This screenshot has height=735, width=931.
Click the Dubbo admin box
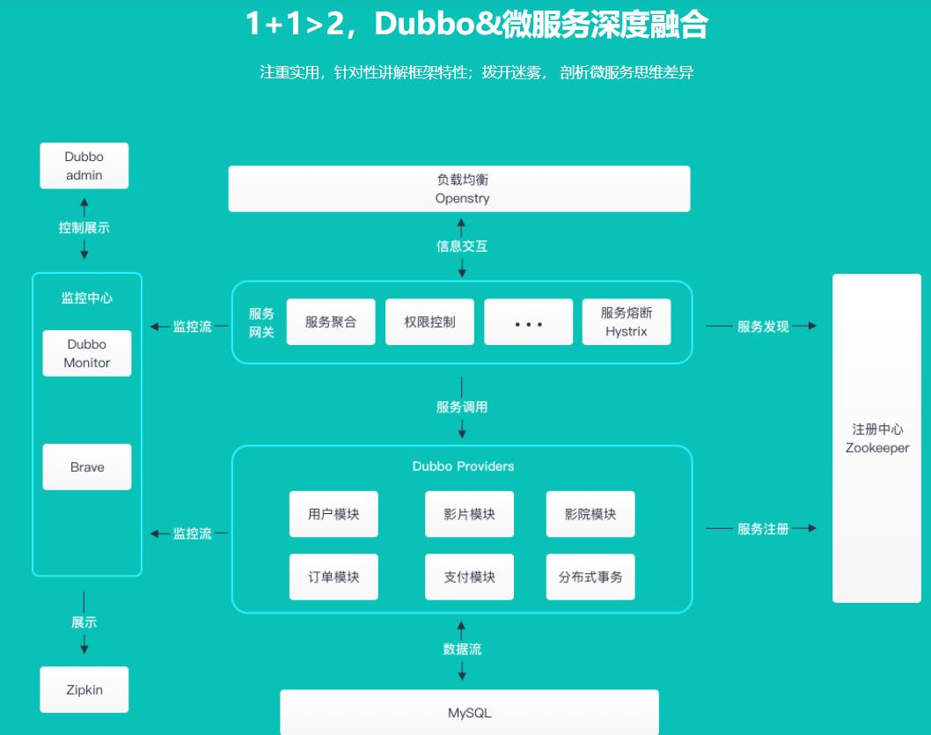point(84,165)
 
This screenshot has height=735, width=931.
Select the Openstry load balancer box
point(458,188)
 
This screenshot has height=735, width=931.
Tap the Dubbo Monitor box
point(87,353)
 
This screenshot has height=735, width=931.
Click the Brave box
point(87,467)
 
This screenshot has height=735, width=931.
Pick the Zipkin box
point(84,689)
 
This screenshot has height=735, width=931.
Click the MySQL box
point(469,711)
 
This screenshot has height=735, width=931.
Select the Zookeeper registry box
point(876,437)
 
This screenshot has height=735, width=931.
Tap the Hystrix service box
point(627,322)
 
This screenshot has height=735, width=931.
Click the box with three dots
point(528,322)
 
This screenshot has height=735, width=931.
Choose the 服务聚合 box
point(331,322)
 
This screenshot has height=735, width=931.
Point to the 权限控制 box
point(430,322)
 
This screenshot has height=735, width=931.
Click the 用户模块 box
point(334,514)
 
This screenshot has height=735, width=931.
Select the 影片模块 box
point(469,514)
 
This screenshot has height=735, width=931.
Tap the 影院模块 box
point(590,514)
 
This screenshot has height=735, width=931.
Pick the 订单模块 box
point(334,577)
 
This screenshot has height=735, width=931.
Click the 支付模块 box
point(469,577)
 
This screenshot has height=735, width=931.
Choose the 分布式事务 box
point(590,577)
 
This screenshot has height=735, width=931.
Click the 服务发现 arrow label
point(763,327)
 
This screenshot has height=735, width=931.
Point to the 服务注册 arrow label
point(763,529)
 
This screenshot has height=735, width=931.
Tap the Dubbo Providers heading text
point(463,466)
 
